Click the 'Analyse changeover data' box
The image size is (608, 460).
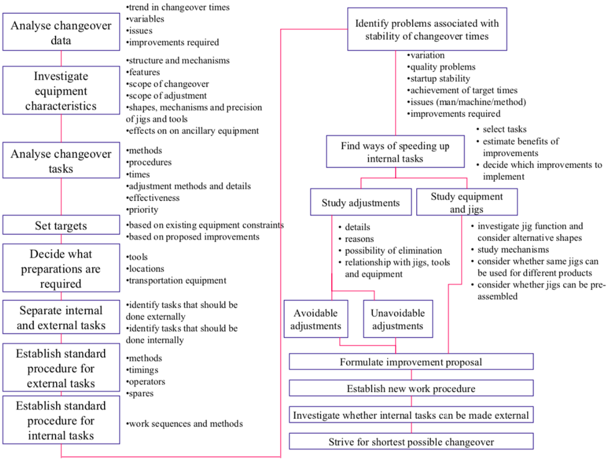(61, 34)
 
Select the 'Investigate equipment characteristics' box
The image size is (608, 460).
(61, 91)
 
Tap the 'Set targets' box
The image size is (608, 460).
(61, 225)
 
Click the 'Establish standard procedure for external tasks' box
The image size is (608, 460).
(61, 368)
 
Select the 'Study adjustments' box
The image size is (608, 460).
(361, 203)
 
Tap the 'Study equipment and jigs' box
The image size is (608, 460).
(466, 202)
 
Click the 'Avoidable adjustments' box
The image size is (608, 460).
(317, 319)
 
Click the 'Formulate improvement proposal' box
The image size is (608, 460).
(411, 362)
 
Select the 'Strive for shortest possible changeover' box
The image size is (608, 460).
(411, 442)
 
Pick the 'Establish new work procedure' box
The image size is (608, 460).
(411, 388)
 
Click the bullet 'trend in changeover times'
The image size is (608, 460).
(178, 7)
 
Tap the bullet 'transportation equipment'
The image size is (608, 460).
(177, 281)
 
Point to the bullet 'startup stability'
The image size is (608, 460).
(438, 79)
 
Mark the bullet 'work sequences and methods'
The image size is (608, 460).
(184, 424)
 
